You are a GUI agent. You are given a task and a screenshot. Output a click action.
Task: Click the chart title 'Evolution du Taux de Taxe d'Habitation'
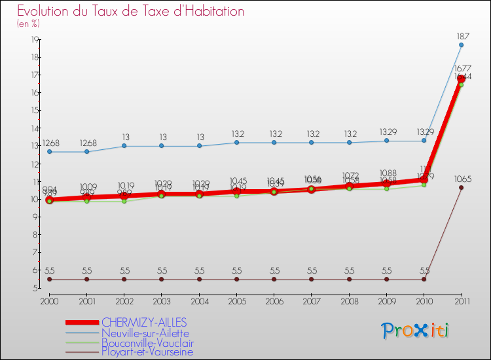tap(131, 12)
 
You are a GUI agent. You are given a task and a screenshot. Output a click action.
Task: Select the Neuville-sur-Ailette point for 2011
tap(461, 45)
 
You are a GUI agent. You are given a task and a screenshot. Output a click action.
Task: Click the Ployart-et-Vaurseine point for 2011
tap(461, 187)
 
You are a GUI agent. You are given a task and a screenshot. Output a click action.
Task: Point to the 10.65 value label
tap(462, 179)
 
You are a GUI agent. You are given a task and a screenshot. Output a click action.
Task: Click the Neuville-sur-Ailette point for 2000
tap(49, 152)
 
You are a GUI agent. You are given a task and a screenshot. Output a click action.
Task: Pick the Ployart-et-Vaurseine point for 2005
tap(237, 279)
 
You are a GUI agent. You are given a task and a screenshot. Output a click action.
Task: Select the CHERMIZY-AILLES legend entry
tap(144, 322)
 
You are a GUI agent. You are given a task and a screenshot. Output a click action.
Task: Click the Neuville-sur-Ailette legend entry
tap(145, 333)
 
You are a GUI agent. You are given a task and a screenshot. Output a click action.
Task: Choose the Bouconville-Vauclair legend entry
tap(147, 342)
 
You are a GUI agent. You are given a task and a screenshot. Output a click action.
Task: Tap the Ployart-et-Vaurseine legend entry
tap(147, 352)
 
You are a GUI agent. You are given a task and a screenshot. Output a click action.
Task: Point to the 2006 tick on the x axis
tap(274, 300)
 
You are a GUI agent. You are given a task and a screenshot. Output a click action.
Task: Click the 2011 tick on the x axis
tap(461, 300)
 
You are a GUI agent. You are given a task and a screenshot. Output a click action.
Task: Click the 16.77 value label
tap(462, 68)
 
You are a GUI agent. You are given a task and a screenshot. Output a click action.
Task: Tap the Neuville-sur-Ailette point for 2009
tap(386, 141)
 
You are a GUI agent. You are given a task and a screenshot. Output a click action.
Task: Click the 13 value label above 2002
tap(124, 137)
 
